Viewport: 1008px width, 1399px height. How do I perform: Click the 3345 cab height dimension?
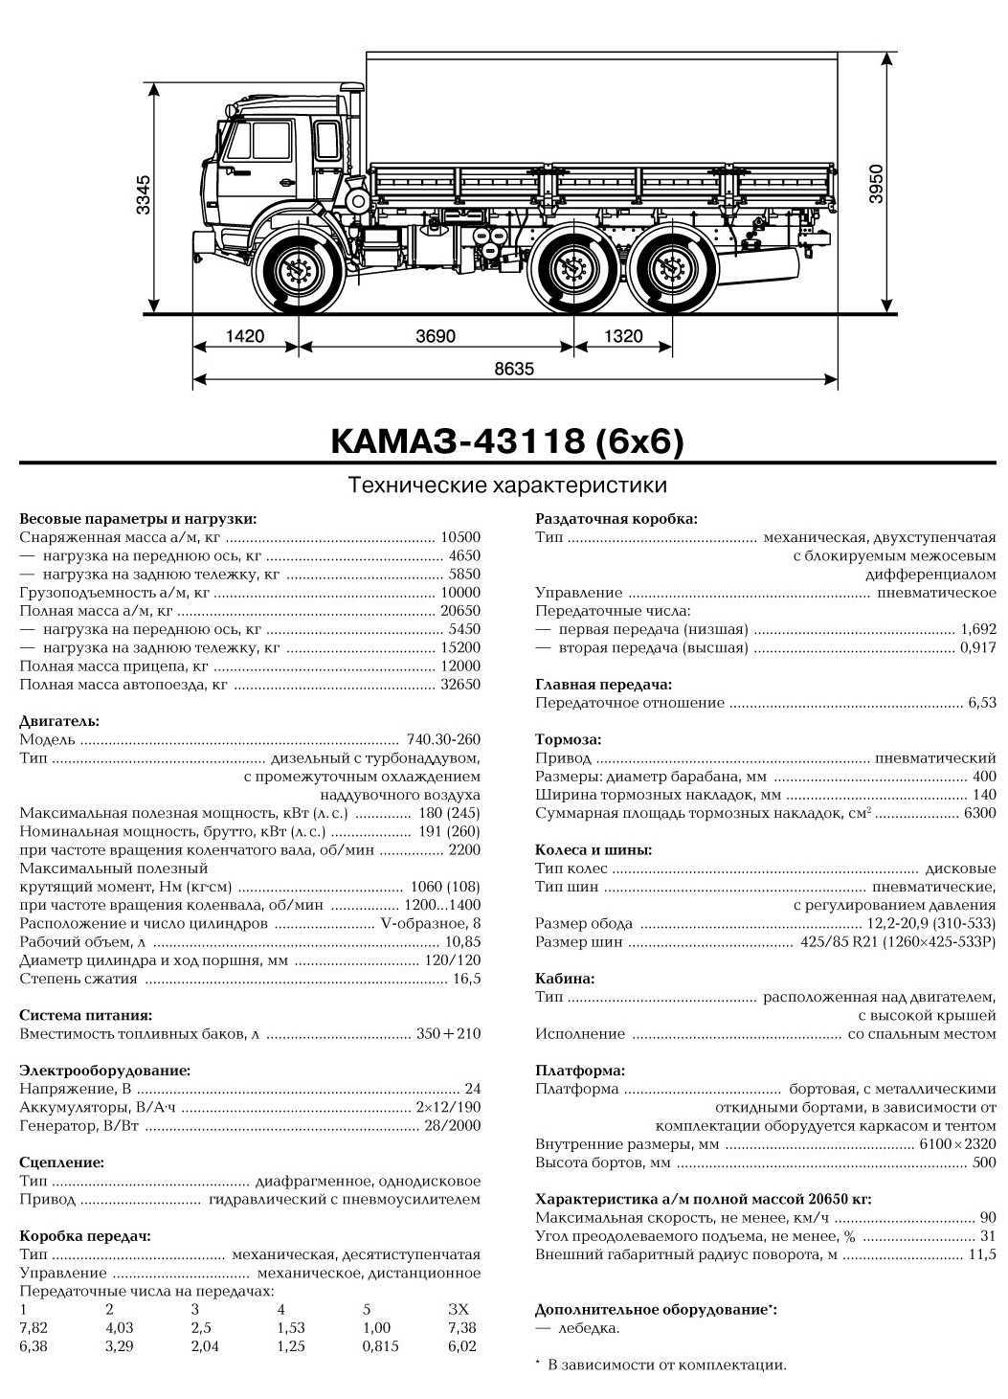[x=143, y=195]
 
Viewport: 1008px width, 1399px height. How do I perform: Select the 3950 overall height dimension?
[x=874, y=183]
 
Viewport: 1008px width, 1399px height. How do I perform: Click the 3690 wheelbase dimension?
[x=436, y=336]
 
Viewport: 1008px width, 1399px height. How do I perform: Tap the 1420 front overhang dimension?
[x=245, y=336]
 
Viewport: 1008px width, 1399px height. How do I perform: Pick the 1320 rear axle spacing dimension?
[x=623, y=336]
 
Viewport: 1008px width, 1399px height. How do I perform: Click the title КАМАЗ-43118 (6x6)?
[x=507, y=440]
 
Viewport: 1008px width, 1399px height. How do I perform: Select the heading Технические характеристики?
[x=506, y=485]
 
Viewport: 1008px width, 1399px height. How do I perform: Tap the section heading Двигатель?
[x=59, y=721]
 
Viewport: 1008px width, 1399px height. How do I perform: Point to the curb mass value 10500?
[x=460, y=537]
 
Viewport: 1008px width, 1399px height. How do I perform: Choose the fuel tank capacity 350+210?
[x=448, y=1033]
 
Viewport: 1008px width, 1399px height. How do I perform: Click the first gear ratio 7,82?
[x=33, y=1327]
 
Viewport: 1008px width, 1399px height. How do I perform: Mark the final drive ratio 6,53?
[x=981, y=703]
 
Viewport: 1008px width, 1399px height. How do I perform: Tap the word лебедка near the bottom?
[x=589, y=1327]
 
